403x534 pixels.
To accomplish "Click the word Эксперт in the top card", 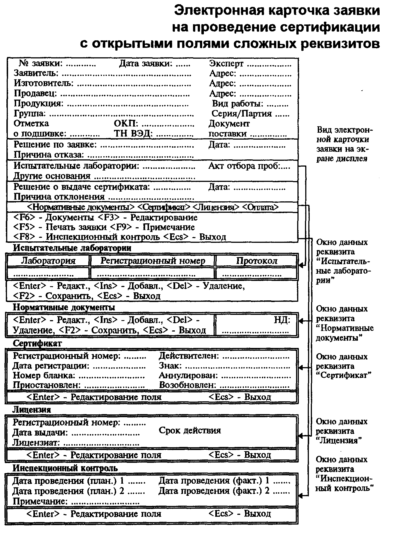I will point(226,64).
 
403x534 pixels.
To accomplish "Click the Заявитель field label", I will point(36,73).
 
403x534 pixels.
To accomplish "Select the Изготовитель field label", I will point(43,83).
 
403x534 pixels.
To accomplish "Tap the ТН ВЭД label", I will point(133,134).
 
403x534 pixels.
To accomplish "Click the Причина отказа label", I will point(49,155).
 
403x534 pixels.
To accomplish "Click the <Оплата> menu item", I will point(260,207).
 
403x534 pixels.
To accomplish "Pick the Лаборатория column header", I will point(48,261).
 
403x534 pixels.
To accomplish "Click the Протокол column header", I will point(257,261).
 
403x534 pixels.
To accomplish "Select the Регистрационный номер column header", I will point(153,261).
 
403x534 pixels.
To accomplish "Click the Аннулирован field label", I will point(188,376).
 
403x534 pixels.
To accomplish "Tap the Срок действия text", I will point(190,431).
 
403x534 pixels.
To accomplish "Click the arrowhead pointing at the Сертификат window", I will point(301,367).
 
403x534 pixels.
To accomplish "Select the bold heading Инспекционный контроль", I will point(65,468).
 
